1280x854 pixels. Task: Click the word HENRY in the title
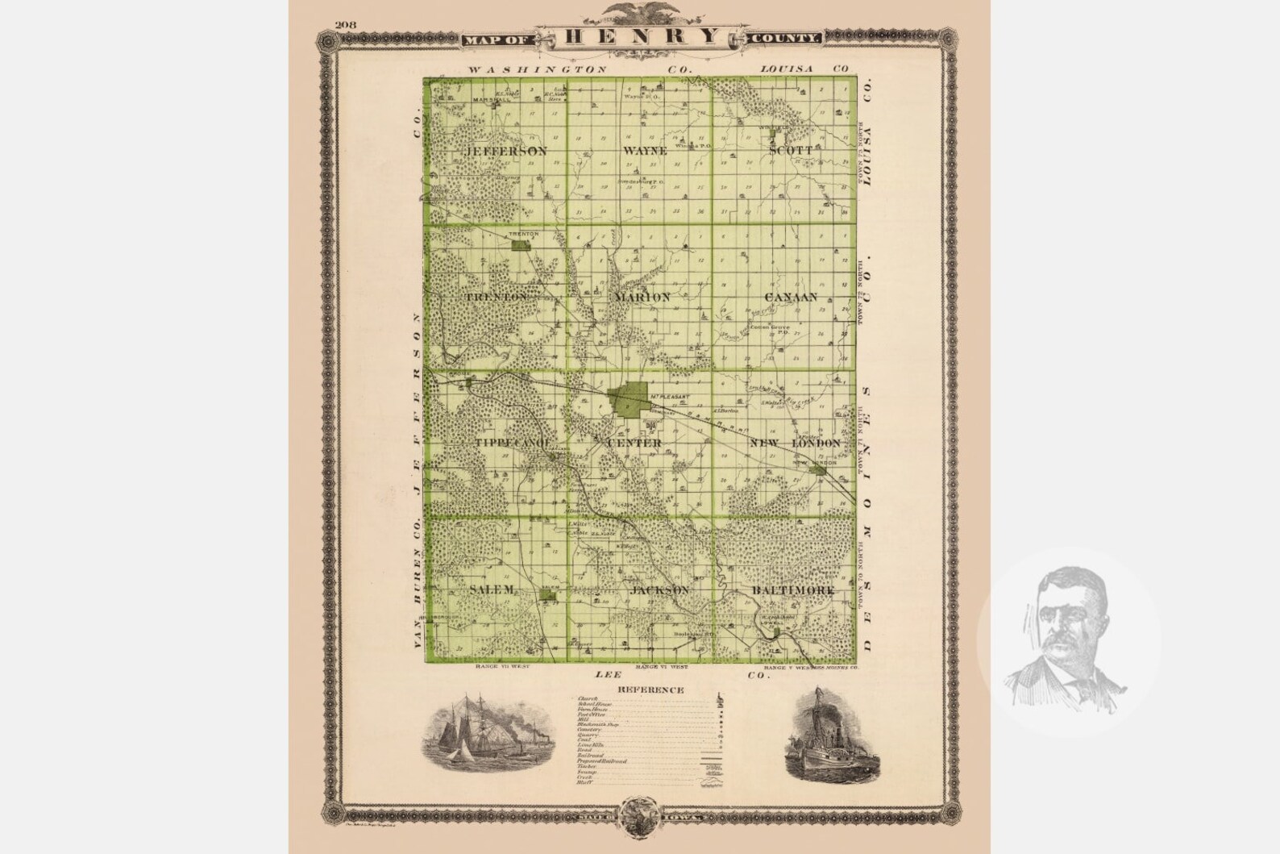[641, 36]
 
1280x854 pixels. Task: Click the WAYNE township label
[644, 151]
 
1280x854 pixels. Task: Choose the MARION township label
[642, 297]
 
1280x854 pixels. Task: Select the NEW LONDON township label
[795, 444]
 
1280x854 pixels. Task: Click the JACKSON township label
[661, 590]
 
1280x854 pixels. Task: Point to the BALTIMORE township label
[792, 591]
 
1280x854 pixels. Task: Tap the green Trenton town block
[522, 244]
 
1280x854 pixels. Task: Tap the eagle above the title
[641, 12]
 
